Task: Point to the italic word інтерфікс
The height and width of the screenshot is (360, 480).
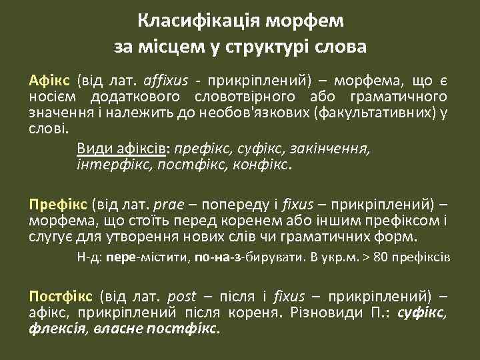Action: click(x=115, y=163)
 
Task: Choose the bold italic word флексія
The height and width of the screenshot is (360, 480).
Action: click(x=55, y=328)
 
